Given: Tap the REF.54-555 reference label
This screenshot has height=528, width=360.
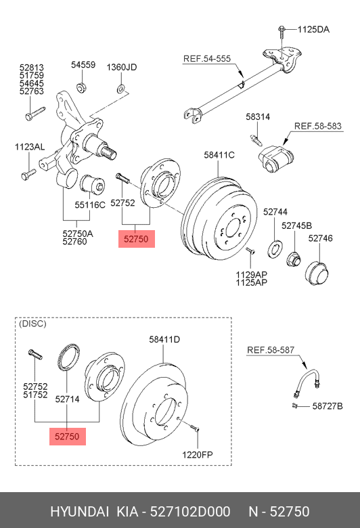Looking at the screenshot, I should pyautogui.click(x=207, y=60).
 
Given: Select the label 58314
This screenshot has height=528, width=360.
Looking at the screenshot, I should pyautogui.click(x=258, y=117).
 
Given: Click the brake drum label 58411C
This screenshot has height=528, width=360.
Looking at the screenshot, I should pyautogui.click(x=219, y=155).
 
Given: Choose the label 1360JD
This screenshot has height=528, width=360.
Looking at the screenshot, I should pyautogui.click(x=122, y=67).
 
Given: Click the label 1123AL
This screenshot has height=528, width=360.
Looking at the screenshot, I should pyautogui.click(x=30, y=147).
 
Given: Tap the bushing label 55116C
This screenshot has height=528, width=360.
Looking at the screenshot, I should pyautogui.click(x=90, y=203).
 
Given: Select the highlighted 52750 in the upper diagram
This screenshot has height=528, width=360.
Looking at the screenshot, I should pyautogui.click(x=136, y=238).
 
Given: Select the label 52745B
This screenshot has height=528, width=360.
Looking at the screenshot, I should pyautogui.click(x=296, y=225).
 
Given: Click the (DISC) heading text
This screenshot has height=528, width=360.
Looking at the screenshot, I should pyautogui.click(x=32, y=324).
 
